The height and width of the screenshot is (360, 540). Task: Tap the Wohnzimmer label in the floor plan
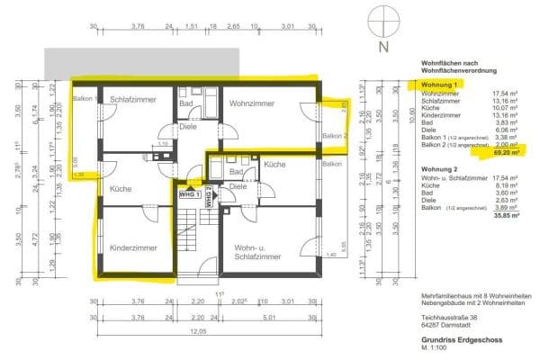coord(249,103)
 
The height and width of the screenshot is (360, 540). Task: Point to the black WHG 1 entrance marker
coord(190,193)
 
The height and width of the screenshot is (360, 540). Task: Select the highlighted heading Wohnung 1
coord(438,85)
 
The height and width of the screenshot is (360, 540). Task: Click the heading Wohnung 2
coord(437,168)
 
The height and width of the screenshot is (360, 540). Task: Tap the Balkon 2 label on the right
coord(334,136)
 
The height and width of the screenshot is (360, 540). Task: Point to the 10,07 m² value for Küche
coord(503,109)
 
